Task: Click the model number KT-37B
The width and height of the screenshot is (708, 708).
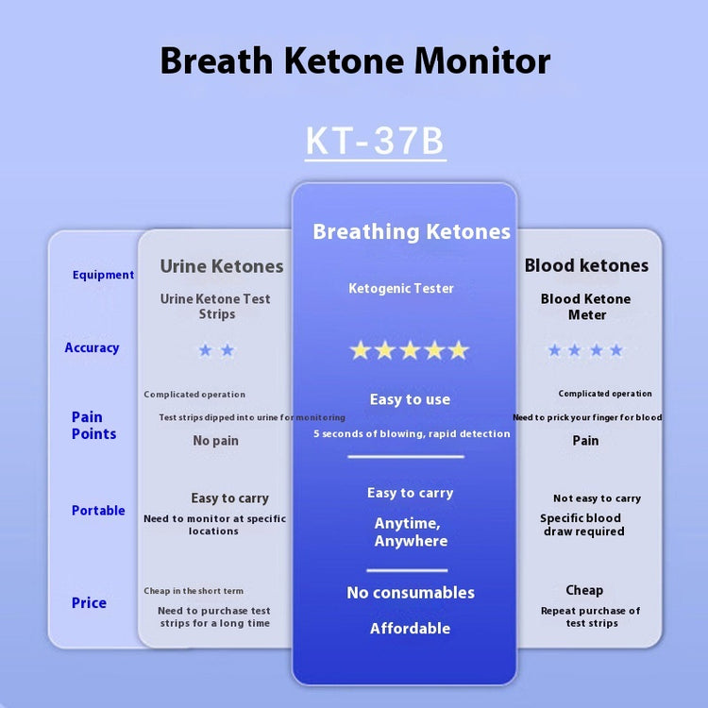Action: tap(375, 141)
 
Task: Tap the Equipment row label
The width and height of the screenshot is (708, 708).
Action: tap(104, 275)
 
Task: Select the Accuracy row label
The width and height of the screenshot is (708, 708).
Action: tap(92, 347)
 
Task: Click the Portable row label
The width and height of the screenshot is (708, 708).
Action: tap(98, 510)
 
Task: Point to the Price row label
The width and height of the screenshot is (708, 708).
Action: tap(89, 603)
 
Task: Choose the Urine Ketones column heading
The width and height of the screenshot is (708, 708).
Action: tap(222, 266)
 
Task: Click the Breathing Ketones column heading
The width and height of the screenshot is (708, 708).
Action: tap(412, 231)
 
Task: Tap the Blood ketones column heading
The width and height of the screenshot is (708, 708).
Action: tap(586, 265)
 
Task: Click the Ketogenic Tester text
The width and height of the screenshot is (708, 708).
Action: tap(401, 289)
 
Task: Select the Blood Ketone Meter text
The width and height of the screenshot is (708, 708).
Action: tap(586, 307)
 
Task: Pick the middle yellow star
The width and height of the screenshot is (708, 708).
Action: tap(410, 350)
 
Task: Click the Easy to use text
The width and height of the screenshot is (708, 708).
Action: tap(410, 399)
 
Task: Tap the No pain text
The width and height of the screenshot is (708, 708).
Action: tap(215, 440)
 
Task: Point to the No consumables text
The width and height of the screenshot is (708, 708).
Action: tap(411, 593)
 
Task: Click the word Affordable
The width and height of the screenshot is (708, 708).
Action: tap(410, 628)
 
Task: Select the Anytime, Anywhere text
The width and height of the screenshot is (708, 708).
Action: tap(411, 531)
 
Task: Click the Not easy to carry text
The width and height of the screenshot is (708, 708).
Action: tap(597, 498)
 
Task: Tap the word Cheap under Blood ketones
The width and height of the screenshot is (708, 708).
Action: tap(584, 590)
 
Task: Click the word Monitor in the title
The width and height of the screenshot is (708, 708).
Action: tap(482, 61)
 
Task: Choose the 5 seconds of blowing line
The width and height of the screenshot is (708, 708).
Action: tap(412, 434)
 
